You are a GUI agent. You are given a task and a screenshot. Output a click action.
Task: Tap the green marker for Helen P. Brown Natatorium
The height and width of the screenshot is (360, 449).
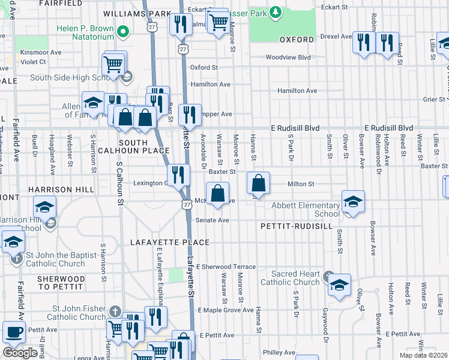(123, 31)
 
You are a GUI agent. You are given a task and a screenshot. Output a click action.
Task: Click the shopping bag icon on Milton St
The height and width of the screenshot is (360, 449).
(258, 182)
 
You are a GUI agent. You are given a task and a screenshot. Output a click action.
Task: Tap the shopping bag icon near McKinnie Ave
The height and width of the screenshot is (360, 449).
(218, 193)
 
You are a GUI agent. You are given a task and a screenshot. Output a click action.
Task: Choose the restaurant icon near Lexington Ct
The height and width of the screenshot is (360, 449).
(178, 175)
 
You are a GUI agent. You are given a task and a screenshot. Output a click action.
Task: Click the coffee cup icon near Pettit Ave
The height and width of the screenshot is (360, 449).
(14, 332)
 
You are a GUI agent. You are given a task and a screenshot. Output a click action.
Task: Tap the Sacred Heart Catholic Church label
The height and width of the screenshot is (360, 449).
(290, 278)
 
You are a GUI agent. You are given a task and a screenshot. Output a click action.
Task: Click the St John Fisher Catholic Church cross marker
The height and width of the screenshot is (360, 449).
(116, 311)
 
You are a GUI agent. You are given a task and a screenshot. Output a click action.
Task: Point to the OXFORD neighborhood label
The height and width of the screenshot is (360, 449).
(297, 40)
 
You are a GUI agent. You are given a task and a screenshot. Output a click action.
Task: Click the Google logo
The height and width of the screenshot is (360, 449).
(20, 353)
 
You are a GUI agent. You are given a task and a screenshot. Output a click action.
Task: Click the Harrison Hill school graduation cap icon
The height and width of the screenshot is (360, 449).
(45, 207)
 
